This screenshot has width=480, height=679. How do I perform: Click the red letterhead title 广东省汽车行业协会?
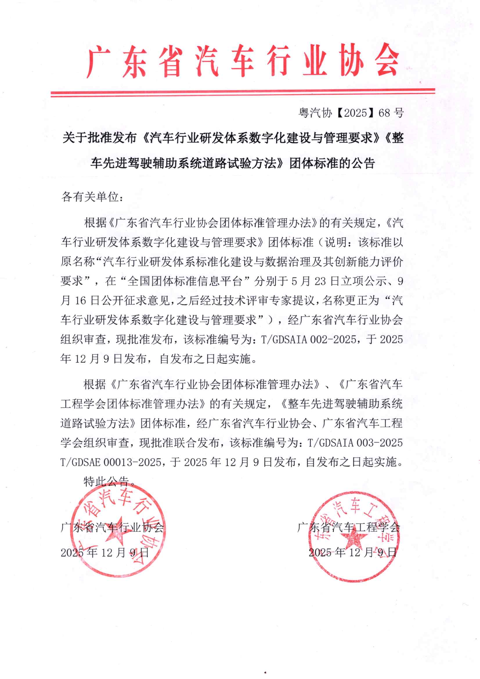[x=242, y=62]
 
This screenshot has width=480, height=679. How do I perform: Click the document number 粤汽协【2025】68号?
[x=351, y=113]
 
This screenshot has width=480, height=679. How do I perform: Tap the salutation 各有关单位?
[x=92, y=197]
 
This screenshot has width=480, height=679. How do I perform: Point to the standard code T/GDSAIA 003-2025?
[x=355, y=443]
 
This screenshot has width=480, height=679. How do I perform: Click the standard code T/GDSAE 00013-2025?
[x=111, y=462]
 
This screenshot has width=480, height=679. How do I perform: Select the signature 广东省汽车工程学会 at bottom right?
[x=349, y=527]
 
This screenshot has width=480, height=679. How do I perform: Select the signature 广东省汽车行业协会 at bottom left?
[x=112, y=527]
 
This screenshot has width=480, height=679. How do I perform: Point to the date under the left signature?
[x=105, y=552]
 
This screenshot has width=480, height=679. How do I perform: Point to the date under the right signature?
[x=352, y=552]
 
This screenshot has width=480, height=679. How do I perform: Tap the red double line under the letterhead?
[x=242, y=92]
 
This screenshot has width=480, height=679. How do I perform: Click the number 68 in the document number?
[x=384, y=113]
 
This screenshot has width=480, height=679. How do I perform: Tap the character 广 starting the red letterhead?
[x=98, y=62]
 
